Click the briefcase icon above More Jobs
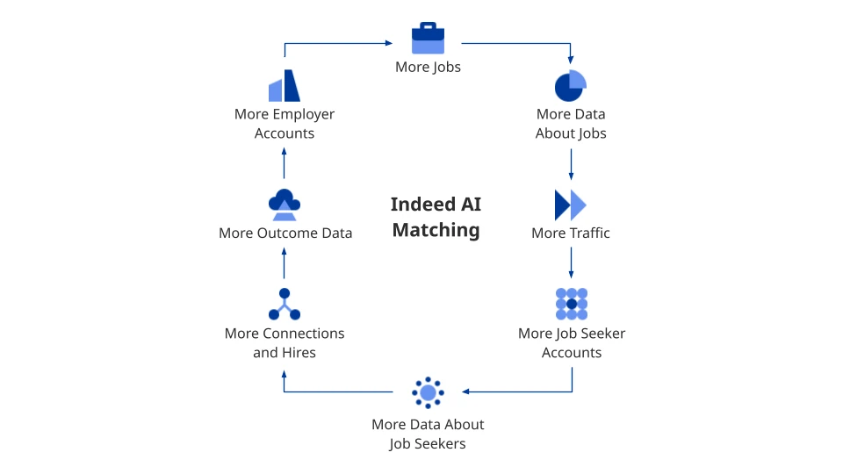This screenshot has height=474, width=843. (428, 39)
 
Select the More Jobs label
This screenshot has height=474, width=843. (428, 67)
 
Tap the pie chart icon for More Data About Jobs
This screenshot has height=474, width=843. (571, 85)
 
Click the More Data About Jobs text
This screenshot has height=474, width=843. (571, 124)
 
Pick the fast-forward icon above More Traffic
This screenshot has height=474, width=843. (571, 205)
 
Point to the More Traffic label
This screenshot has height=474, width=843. (571, 233)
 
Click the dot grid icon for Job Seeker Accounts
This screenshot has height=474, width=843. (572, 304)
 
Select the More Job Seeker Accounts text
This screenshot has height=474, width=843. (572, 342)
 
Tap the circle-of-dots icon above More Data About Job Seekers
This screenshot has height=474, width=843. (428, 392)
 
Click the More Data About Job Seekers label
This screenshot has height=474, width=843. (428, 434)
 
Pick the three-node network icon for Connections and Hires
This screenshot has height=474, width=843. (285, 305)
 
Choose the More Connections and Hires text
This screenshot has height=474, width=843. (285, 342)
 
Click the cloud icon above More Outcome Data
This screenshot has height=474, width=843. (285, 204)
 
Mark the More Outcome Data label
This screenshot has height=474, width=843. (285, 233)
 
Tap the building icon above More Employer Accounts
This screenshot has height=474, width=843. (285, 86)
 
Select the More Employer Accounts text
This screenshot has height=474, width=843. (285, 124)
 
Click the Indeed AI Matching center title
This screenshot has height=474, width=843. (436, 217)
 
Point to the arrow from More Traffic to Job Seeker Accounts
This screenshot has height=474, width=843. (572, 262)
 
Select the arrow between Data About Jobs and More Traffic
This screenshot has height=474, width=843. (572, 164)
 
